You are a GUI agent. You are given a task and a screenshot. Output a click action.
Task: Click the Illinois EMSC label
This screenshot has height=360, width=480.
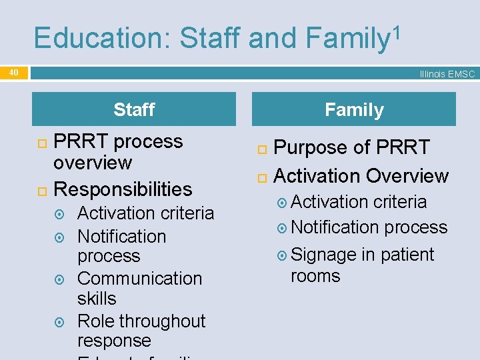pos(447,74)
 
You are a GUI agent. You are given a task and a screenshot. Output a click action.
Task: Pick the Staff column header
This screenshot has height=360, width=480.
pos(134,109)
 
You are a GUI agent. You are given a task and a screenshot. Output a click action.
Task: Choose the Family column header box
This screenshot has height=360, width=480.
pos(354,109)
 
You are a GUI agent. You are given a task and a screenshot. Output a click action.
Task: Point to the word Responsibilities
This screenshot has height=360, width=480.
pos(123,189)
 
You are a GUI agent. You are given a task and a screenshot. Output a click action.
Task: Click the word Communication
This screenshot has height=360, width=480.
pos(139,279)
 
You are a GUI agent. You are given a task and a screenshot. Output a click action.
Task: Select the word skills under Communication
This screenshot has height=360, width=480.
pos(97,298)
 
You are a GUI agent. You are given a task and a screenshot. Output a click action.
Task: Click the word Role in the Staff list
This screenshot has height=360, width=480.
pos(96,321)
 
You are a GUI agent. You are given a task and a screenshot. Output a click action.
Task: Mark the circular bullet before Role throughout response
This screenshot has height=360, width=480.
pos(60,323)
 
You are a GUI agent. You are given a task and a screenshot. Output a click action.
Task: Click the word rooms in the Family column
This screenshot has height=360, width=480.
pos(315,276)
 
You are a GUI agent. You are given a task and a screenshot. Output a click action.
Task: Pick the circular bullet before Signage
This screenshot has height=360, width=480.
pos(283,255)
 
